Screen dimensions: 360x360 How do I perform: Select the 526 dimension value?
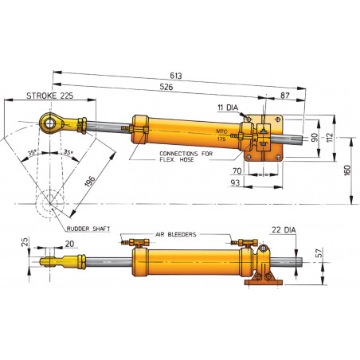point(166,87)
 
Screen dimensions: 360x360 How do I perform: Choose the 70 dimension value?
point(237,170)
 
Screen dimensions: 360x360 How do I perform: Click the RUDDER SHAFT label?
point(89,227)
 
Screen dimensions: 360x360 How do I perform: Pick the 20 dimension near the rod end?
point(69,244)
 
